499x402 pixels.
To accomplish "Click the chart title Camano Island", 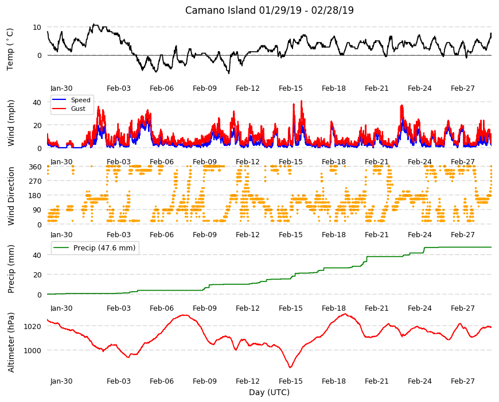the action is [220, 10].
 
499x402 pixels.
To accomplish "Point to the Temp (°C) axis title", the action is [10, 49].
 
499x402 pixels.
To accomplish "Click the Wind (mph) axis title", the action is [11, 123].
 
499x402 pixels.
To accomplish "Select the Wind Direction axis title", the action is [11, 196].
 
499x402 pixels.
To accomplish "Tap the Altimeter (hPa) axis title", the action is [11, 342].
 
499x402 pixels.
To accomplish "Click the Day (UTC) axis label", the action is [269, 392].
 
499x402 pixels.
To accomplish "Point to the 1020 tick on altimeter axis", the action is [33, 326].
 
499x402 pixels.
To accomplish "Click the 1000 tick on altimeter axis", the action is [33, 350].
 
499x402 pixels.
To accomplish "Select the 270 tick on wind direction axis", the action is [35, 181].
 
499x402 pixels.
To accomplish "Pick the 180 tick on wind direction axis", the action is [35, 195].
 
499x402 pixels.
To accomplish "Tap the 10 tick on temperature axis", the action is [37, 28].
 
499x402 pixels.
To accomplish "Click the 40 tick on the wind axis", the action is [37, 102].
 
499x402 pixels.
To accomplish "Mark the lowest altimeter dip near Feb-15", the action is [290, 368].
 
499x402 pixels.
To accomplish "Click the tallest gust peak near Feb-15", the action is [301, 101].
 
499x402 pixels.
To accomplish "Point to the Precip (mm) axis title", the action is [11, 269].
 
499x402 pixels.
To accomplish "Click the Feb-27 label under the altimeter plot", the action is [462, 381].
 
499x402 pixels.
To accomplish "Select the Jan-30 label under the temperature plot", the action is [61, 88].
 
